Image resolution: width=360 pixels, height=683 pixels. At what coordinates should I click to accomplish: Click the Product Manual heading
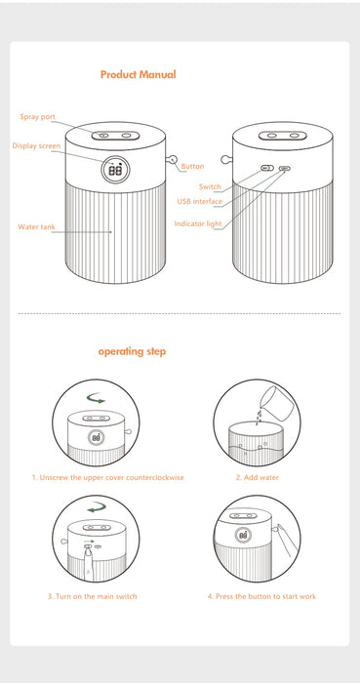tap(138, 74)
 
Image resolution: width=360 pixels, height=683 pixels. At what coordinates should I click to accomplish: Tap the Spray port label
tap(37, 117)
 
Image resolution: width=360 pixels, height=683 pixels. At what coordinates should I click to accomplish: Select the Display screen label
tap(36, 146)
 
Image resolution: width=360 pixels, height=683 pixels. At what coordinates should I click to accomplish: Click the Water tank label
tap(36, 227)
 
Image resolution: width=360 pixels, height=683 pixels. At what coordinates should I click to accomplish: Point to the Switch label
tap(210, 187)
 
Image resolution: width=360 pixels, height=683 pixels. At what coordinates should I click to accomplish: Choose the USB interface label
tap(199, 201)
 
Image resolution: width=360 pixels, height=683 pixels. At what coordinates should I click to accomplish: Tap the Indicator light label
tap(198, 223)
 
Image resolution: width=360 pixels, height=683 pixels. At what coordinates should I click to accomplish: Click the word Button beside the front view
tap(192, 167)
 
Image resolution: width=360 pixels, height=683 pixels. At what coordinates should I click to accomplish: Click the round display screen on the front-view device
tap(115, 171)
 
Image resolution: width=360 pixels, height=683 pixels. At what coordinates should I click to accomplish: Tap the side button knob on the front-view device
tap(173, 159)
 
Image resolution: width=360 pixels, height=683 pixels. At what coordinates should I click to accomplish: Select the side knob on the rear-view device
tap(226, 159)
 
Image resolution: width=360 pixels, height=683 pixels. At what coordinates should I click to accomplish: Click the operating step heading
tap(132, 351)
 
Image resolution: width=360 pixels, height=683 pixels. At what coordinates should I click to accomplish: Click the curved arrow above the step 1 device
tap(96, 398)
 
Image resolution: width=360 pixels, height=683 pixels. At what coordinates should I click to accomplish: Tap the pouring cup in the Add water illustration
tap(276, 403)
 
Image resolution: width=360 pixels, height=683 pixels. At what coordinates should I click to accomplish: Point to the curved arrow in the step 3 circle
tap(97, 507)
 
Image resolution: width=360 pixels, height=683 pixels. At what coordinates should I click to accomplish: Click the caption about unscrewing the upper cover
tap(107, 477)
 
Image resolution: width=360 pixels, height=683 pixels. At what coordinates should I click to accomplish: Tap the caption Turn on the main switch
tap(93, 596)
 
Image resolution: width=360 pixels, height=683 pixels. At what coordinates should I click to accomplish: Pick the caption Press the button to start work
tap(261, 596)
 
